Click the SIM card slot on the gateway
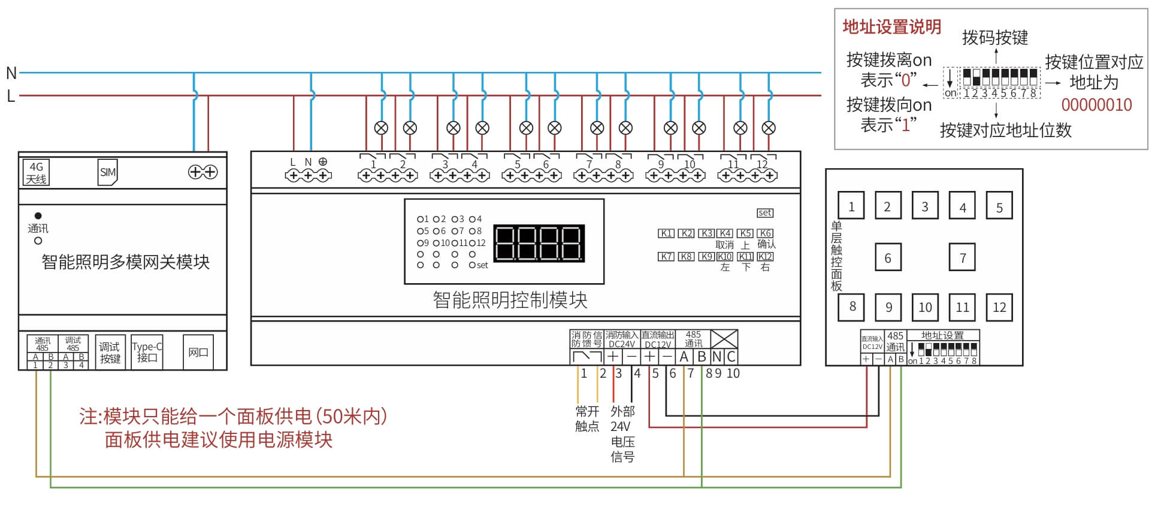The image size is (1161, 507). coord(107,172)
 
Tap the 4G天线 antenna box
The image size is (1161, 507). coord(36,173)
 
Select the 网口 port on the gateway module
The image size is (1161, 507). coord(198,353)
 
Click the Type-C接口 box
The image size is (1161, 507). coord(147,352)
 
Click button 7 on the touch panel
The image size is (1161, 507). coord(962,257)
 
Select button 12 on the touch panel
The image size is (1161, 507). coord(999,307)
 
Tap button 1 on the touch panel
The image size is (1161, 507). coord(851,207)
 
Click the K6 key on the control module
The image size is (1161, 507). coord(765,233)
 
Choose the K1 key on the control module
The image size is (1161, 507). coord(666,233)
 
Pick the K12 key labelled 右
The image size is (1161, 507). coord(765,257)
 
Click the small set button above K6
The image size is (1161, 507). coord(765,212)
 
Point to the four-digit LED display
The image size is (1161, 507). coord(538,243)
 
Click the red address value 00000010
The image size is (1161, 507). coord(1096,105)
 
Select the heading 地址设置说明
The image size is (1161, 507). coord(891,26)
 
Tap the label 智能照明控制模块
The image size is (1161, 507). coord(510,300)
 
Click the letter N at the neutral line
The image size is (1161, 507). coord(11,73)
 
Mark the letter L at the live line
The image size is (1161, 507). coord(11,96)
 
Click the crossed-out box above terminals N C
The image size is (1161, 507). coord(724,339)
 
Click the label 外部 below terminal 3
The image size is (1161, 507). coord(622,411)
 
